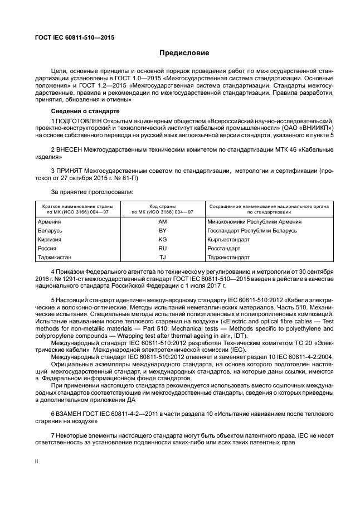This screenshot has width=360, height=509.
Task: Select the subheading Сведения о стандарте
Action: click(x=81, y=112)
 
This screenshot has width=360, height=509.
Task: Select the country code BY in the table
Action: click(x=163, y=230)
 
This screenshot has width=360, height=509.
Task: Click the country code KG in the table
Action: click(x=163, y=239)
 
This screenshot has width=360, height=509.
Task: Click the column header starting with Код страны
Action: click(x=163, y=209)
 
